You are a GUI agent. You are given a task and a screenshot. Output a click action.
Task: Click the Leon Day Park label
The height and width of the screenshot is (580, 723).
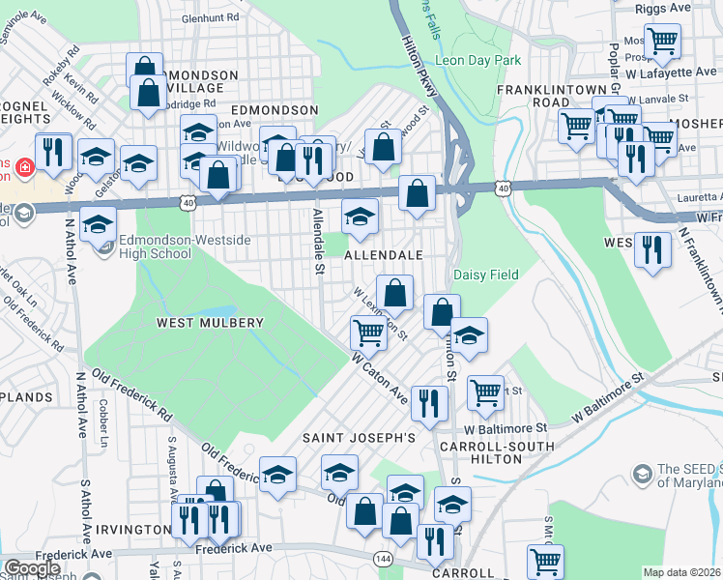point(478,60)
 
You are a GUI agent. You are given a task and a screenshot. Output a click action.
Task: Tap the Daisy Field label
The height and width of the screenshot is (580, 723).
point(486,275)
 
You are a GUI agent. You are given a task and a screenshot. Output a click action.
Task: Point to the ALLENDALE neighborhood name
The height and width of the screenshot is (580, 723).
point(384,255)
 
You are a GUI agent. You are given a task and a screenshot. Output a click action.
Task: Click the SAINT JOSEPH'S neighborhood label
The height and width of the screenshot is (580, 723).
point(359,438)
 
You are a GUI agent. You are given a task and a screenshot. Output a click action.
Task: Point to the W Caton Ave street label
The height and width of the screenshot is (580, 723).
point(380,378)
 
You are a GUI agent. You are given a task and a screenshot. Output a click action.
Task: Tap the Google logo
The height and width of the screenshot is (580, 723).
point(32,568)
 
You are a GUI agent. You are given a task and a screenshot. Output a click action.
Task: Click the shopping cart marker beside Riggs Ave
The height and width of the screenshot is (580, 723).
point(662,42)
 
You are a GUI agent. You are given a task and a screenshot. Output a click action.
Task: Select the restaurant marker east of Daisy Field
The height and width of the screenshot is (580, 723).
point(652,249)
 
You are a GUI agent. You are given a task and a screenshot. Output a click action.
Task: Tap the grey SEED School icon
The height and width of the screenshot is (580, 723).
point(641,474)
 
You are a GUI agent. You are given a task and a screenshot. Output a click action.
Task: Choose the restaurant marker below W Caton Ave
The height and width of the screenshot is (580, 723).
point(428,402)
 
